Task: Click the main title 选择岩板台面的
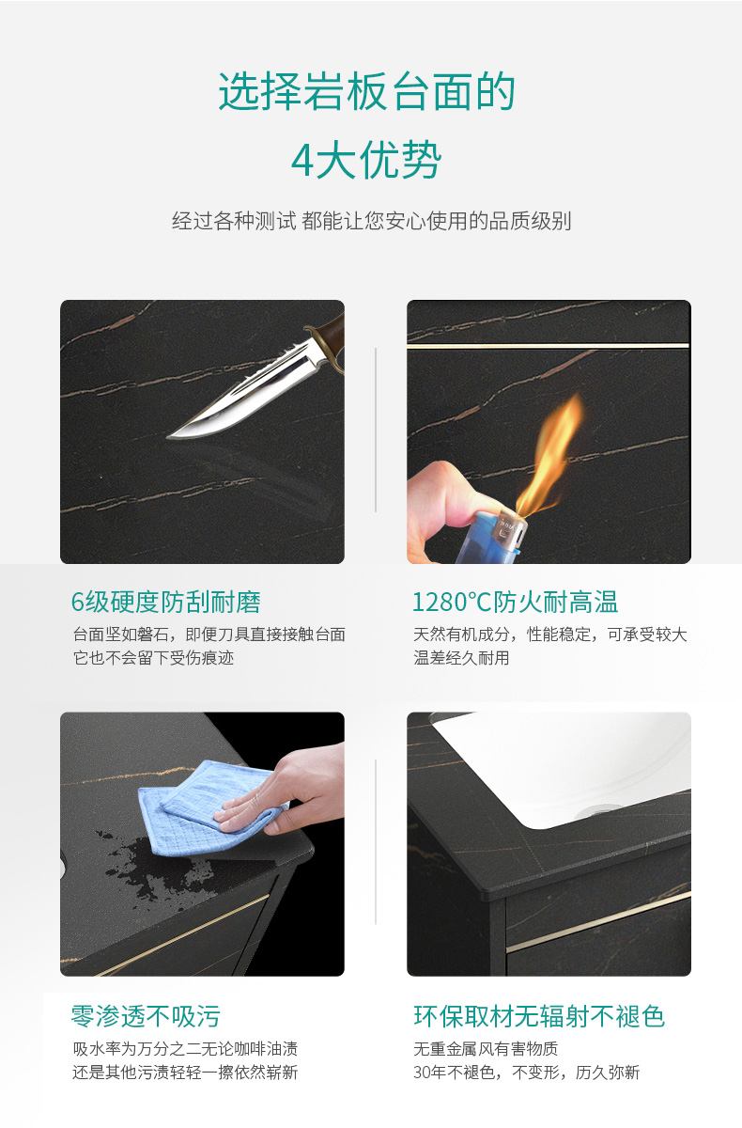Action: tap(366, 92)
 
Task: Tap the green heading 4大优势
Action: tap(366, 160)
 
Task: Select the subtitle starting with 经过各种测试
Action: tap(371, 221)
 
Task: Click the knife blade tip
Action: tap(168, 436)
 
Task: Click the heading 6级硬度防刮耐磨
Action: tap(166, 602)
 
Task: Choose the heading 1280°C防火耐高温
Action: tap(515, 602)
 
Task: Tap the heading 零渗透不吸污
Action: tap(146, 1016)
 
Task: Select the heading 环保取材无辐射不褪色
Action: tap(539, 1016)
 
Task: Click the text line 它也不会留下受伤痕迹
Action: tap(153, 658)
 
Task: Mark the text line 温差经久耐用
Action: tap(461, 658)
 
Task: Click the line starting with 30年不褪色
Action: tap(527, 1073)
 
